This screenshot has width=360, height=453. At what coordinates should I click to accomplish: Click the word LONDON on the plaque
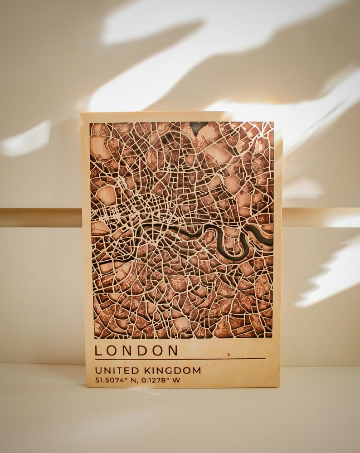[x=136, y=351]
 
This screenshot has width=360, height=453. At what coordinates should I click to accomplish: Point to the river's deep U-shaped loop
[x=238, y=245]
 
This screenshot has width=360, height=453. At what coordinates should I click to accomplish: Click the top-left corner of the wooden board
[x=82, y=113]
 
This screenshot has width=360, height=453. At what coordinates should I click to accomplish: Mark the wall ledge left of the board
[x=41, y=218]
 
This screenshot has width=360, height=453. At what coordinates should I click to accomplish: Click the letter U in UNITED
[x=98, y=370]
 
